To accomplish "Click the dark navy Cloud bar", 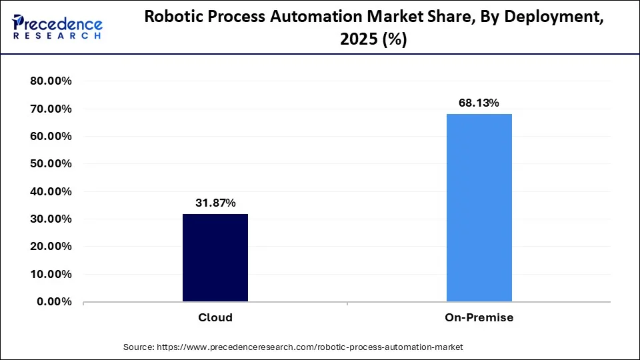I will click(215, 257).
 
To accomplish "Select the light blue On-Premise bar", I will click(479, 207).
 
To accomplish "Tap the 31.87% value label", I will click(215, 203).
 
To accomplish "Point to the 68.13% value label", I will click(479, 103).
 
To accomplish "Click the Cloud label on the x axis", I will click(215, 318).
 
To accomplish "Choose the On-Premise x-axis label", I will click(479, 318).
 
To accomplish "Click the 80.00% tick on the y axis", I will click(51, 81).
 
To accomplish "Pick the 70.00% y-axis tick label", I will click(51, 109).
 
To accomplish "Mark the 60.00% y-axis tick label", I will click(51, 136).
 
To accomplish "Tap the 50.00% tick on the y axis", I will click(51, 164).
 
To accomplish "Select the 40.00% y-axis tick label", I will click(51, 191).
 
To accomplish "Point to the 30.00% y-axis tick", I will click(51, 219).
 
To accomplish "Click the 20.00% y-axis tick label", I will click(51, 246).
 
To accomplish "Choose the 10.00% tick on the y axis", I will click(51, 274).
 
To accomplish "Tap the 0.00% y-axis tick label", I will click(54, 301).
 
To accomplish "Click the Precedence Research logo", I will click(57, 27).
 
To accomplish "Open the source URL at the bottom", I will click(309, 347).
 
